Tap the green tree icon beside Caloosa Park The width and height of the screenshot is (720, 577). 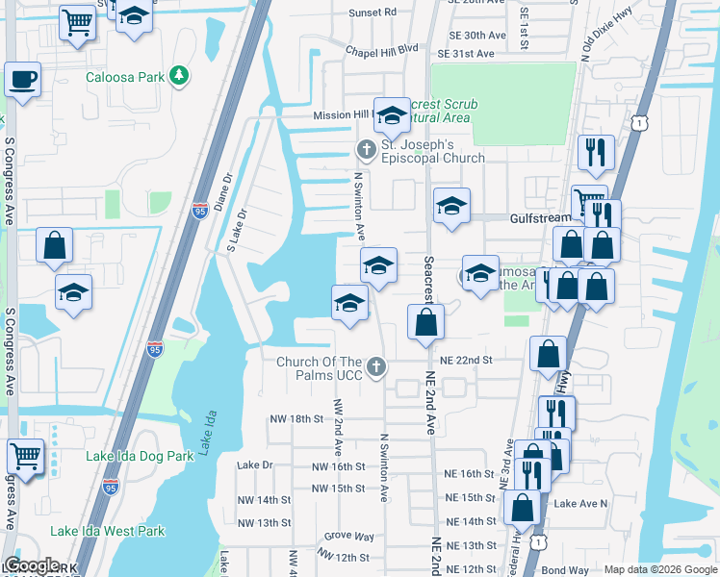coord(177,75)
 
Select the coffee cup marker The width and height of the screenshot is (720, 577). coord(21,80)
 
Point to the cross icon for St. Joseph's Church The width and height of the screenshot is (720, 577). coord(365,150)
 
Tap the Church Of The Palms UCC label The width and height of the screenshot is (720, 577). coord(320,367)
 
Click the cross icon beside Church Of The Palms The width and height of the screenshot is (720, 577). coord(377,366)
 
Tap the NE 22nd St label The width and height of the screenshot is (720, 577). coord(466,360)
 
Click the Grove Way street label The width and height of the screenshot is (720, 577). coord(349,536)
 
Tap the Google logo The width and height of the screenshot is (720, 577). coord(32,565)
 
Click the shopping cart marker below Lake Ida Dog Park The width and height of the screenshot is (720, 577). coord(25,457)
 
